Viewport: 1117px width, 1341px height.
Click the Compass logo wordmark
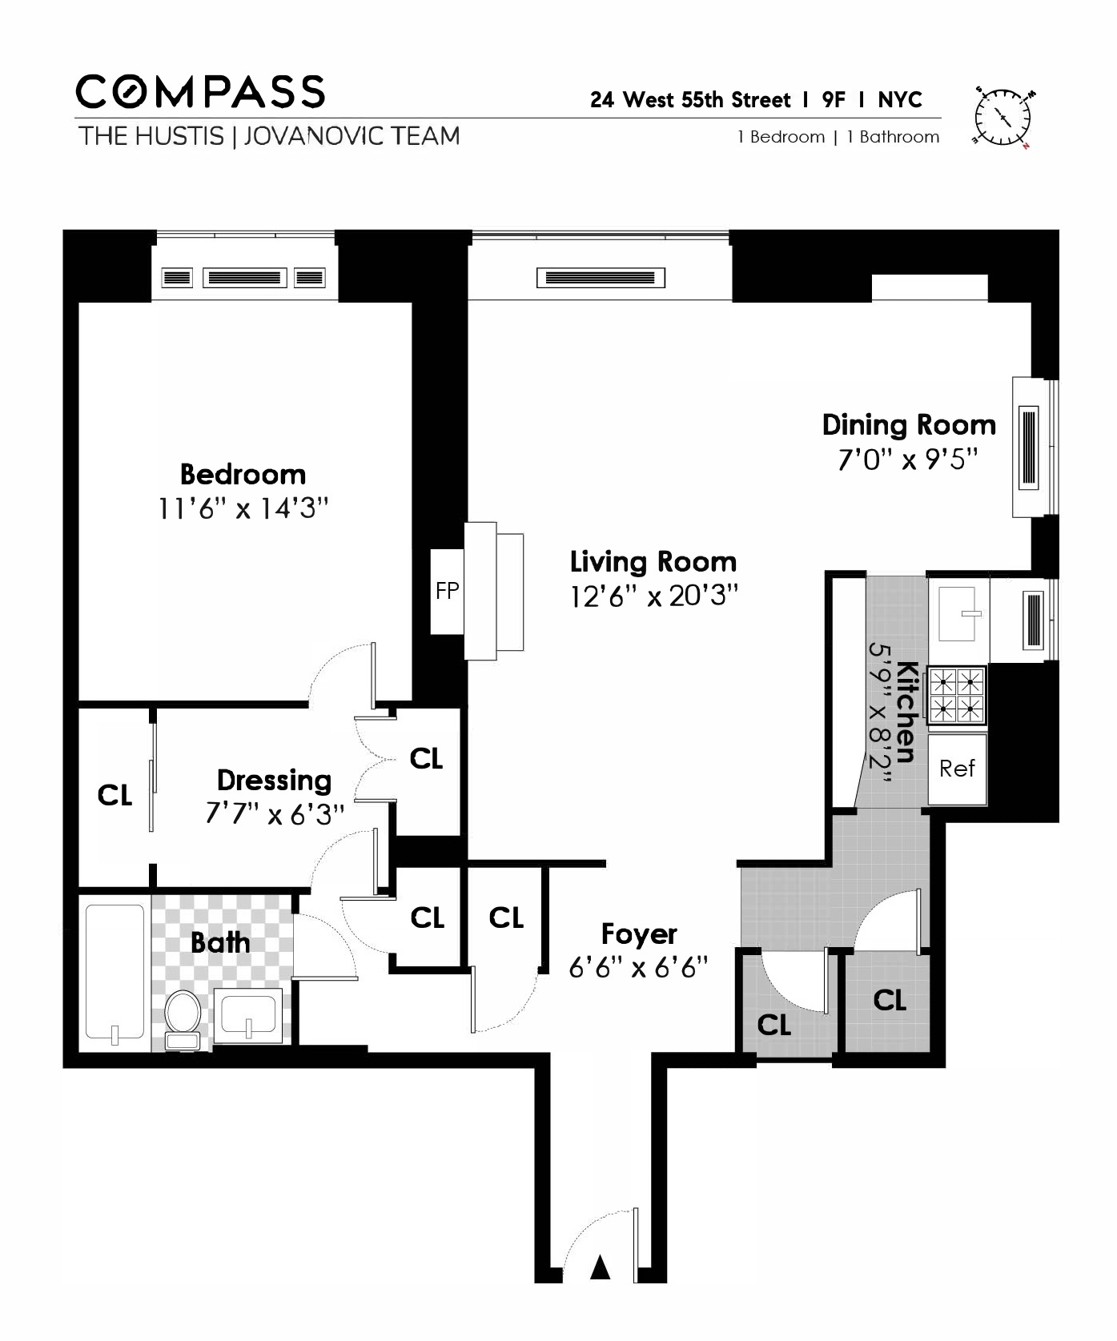[200, 92]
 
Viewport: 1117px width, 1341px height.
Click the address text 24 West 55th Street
[690, 100]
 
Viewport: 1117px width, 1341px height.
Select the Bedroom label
[243, 475]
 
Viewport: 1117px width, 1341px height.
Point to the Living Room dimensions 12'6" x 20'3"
[653, 596]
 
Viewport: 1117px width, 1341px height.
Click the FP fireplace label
[447, 592]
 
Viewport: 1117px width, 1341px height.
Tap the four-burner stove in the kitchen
[957, 696]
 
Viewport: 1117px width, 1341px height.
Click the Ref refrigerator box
[958, 769]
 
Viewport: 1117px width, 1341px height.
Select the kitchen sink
[958, 614]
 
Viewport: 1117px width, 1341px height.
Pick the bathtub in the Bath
[115, 975]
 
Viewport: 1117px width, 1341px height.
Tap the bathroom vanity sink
[248, 1015]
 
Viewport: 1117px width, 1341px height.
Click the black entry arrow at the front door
[601, 1267]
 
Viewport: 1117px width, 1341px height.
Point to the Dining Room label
[909, 425]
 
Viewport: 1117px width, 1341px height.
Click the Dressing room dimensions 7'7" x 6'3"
[275, 814]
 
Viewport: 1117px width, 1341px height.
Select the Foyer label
[639, 934]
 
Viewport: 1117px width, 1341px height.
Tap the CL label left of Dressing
[115, 796]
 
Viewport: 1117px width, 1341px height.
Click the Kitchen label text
[906, 712]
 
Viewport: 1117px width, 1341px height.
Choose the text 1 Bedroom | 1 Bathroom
[838, 137]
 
